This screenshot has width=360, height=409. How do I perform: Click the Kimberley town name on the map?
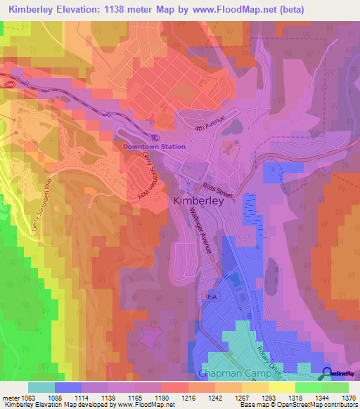[198, 200]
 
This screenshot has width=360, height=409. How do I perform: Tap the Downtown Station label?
[154, 146]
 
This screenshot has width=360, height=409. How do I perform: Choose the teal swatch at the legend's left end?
[41, 387]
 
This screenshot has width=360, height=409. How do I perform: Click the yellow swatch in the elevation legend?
[281, 387]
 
